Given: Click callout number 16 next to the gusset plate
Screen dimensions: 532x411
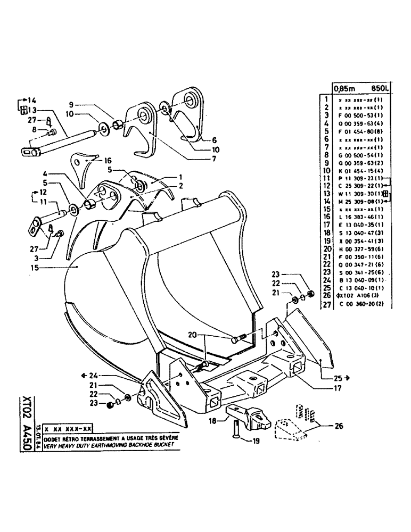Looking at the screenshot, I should pos(109,160).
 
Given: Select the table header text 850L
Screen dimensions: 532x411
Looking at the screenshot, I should pos(392,89).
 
